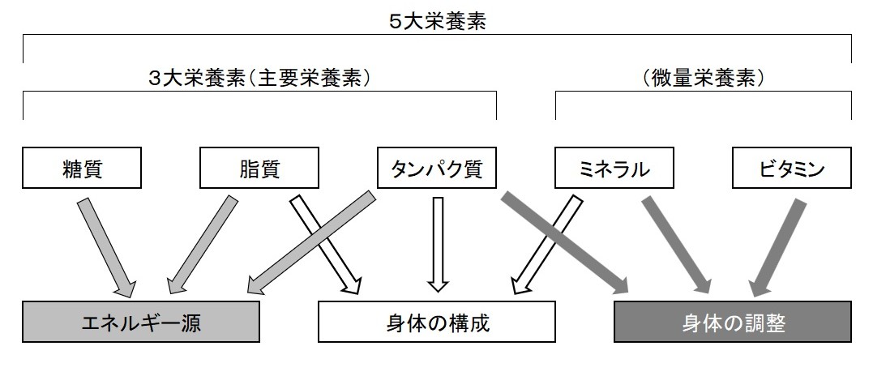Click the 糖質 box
pos(82,169)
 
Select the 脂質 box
pos(259,169)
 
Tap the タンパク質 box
pos(436,169)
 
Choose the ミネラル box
pos(614,169)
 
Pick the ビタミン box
pos(791,169)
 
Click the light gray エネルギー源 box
pos(141,323)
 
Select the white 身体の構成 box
pos(438,323)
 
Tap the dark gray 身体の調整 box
pos(733,323)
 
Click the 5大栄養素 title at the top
pos(437,22)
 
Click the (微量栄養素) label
pos(703,79)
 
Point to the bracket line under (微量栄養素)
pos(703,93)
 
